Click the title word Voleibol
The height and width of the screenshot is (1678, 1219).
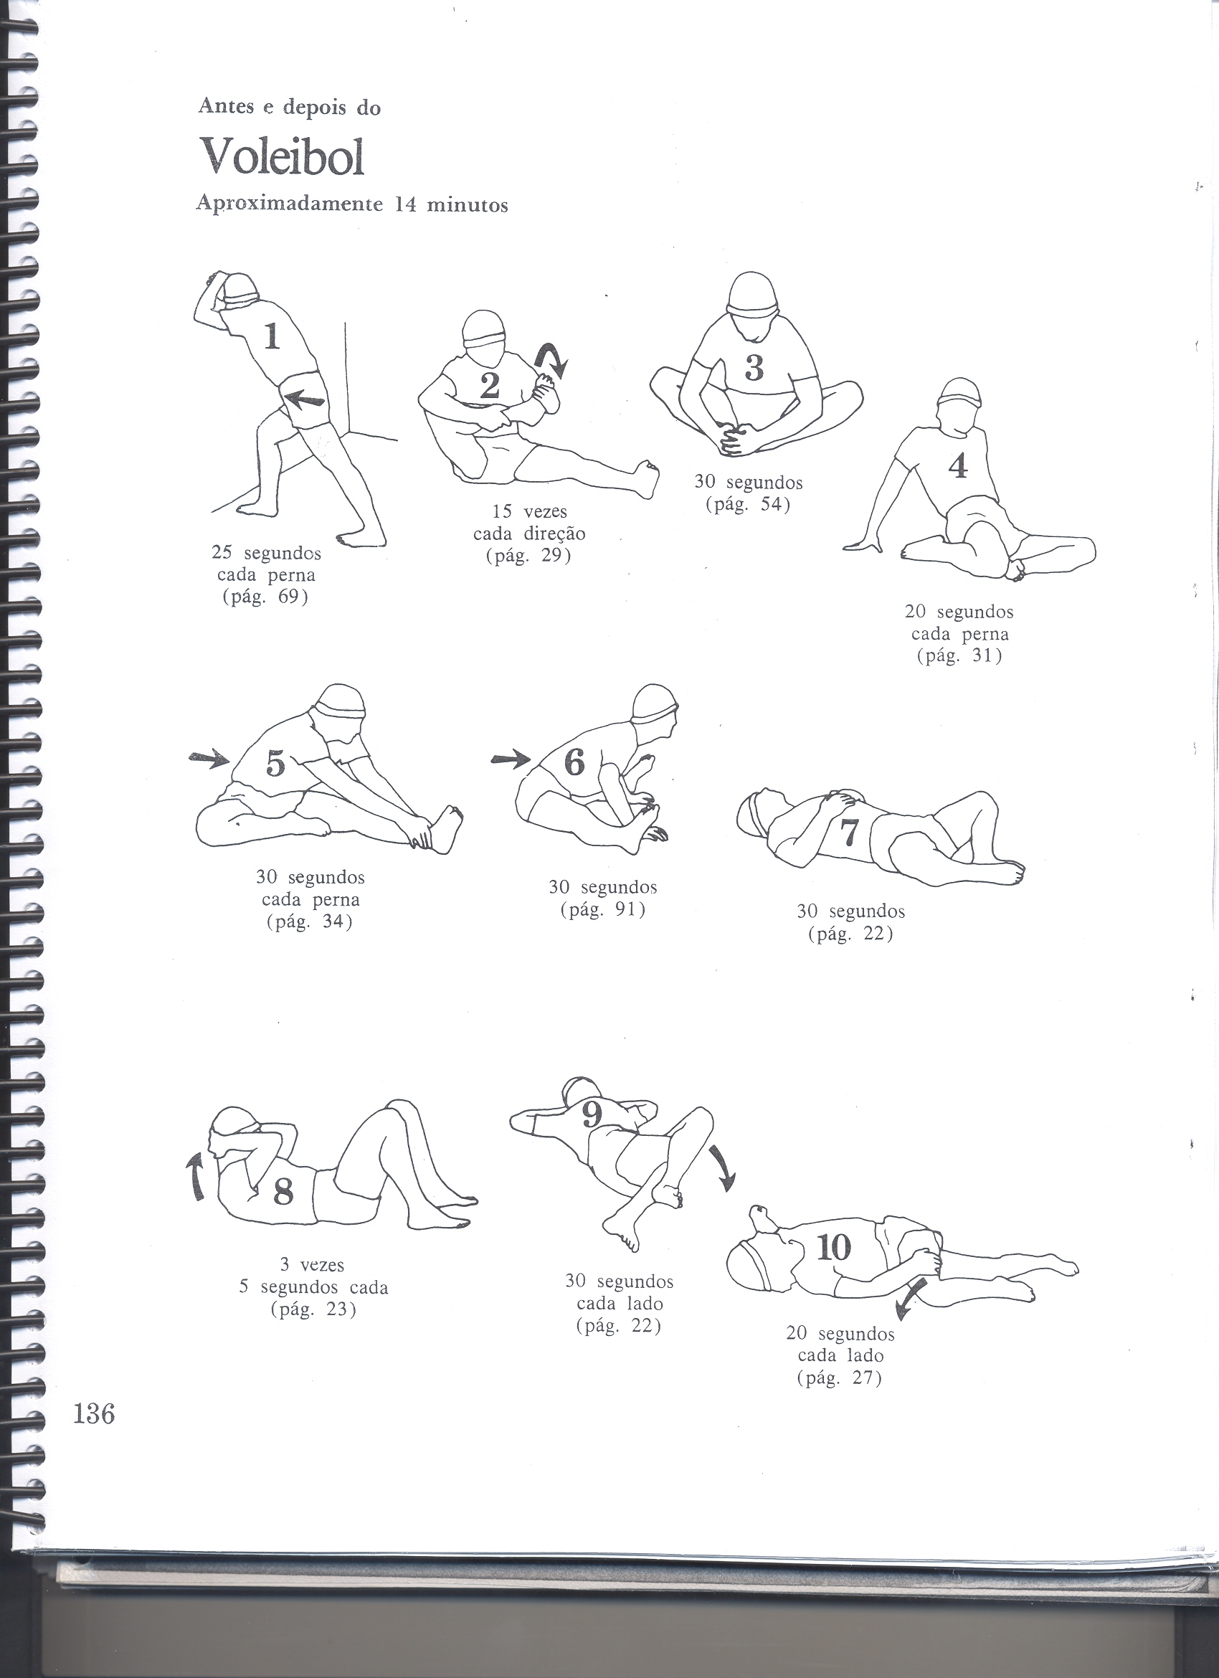tap(283, 156)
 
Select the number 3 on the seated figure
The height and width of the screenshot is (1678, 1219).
tap(754, 368)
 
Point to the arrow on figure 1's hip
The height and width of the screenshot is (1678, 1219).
tap(304, 400)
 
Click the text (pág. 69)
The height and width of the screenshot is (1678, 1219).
tap(265, 597)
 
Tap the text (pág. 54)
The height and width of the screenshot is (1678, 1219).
tap(748, 506)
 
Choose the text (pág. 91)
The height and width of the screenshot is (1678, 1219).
tap(604, 909)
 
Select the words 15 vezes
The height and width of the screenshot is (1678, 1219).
tap(530, 511)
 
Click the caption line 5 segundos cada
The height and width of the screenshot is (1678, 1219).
tap(313, 1287)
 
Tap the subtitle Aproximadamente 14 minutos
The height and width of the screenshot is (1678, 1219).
tap(352, 205)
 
